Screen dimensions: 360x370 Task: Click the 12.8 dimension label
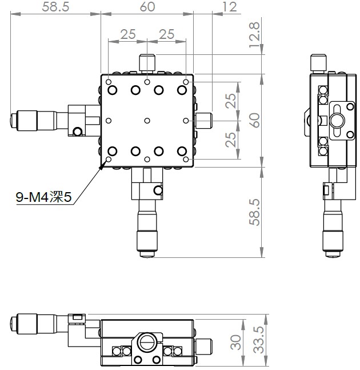click(x=255, y=35)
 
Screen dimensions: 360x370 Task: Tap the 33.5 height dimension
click(x=259, y=340)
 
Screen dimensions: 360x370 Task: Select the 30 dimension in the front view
click(x=236, y=342)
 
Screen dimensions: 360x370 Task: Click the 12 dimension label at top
click(x=229, y=7)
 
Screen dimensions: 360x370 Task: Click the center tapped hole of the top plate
click(x=147, y=121)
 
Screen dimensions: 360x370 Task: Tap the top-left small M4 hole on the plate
click(x=109, y=82)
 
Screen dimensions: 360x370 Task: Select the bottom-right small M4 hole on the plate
click(x=186, y=160)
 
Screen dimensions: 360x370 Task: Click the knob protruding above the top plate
click(x=147, y=63)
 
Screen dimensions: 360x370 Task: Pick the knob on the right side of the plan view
click(x=204, y=121)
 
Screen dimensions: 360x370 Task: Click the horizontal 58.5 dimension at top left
click(x=55, y=7)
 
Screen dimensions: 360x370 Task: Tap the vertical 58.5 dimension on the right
click(x=255, y=212)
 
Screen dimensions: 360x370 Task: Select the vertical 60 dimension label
click(x=255, y=121)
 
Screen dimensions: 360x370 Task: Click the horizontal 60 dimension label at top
click(x=147, y=7)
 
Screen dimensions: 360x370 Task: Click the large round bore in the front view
click(x=146, y=341)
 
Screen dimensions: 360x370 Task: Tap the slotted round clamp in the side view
click(x=337, y=121)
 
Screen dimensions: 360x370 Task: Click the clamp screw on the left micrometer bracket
click(x=77, y=132)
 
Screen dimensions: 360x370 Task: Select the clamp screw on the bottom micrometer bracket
click(x=158, y=190)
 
